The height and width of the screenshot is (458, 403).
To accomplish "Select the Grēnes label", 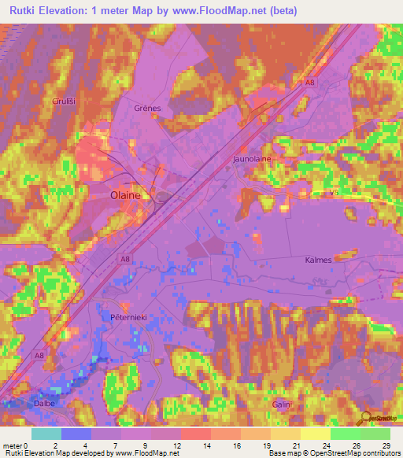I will [147, 108].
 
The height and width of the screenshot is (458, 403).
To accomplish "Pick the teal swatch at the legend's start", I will [46, 434].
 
